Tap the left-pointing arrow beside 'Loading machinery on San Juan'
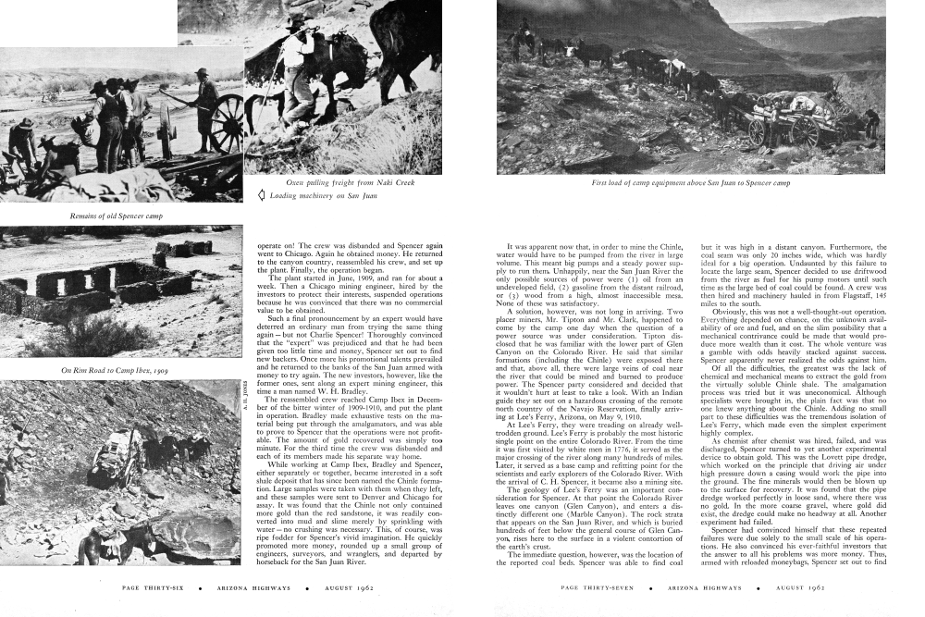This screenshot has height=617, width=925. tap(262, 195)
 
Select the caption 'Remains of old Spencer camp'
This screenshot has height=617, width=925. tap(109, 216)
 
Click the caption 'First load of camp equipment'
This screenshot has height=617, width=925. tap(691, 183)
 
